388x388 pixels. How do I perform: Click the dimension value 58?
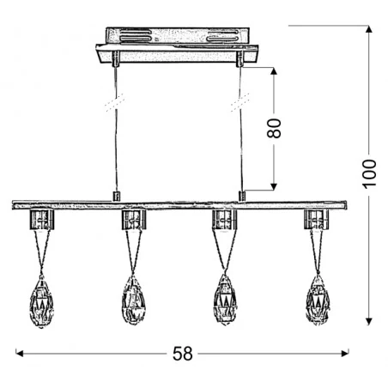[183, 352]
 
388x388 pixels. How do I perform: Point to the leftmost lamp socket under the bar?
[41, 221]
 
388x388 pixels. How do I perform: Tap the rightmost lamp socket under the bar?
[317, 221]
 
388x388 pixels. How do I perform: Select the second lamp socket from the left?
[133, 221]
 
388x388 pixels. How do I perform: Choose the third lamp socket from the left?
[225, 221]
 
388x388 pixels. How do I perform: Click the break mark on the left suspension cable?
[110, 107]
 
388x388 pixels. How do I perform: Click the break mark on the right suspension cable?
[237, 107]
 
